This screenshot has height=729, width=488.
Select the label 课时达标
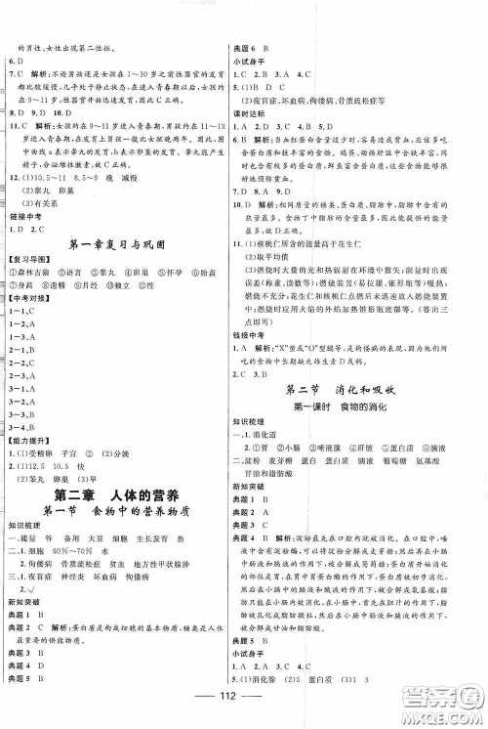pos(250,111)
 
